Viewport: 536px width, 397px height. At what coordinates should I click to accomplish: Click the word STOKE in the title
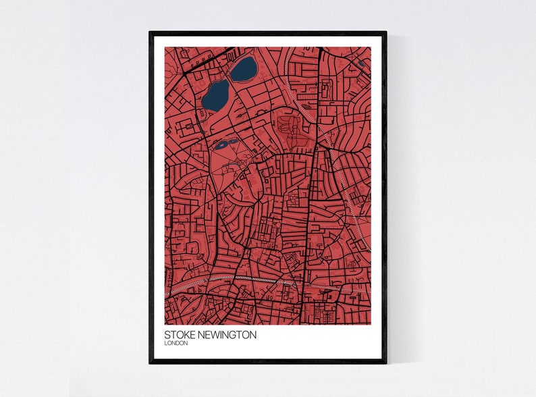click(177, 335)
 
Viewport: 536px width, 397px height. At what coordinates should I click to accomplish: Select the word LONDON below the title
click(176, 344)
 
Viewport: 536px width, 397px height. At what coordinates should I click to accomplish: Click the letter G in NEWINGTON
click(233, 335)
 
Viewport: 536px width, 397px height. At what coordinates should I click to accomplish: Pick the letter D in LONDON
click(180, 344)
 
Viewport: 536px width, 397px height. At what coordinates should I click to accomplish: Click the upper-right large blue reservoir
click(244, 68)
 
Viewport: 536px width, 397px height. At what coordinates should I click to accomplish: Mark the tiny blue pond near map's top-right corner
click(360, 64)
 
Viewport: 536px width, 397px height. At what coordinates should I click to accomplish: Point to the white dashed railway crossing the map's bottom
click(257, 277)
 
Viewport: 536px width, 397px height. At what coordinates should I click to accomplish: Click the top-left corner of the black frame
click(151, 32)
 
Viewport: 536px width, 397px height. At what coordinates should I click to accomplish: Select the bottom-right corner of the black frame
click(385, 363)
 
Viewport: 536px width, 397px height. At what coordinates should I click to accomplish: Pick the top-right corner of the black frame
click(385, 32)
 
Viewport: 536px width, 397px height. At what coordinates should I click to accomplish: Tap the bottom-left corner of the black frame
click(151, 363)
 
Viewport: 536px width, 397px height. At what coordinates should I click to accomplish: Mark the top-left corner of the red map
click(165, 47)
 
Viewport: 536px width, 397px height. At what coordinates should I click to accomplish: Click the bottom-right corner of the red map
click(371, 323)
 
